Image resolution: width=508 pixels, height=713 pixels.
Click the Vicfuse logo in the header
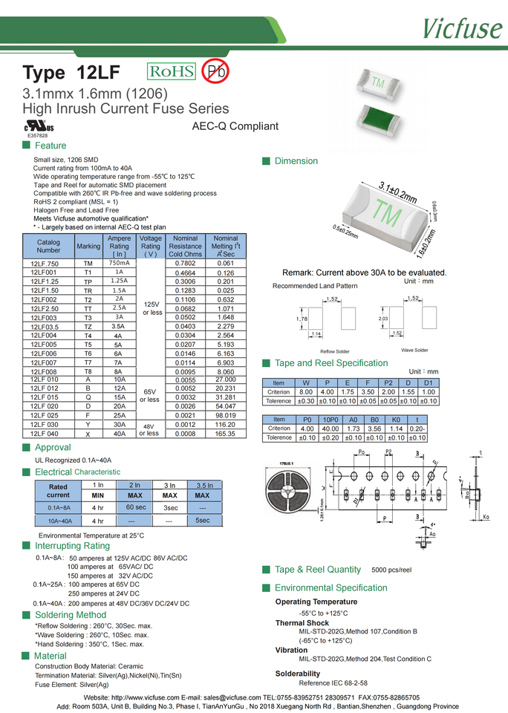(x=463, y=28)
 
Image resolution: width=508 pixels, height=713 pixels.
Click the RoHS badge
(x=172, y=71)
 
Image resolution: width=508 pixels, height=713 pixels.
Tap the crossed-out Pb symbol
(x=215, y=71)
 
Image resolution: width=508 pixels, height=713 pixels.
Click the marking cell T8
(x=88, y=371)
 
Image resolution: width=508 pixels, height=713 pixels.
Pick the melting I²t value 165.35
(x=225, y=434)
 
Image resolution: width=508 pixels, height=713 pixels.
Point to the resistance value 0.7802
(x=185, y=264)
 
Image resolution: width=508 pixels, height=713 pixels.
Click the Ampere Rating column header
(x=119, y=246)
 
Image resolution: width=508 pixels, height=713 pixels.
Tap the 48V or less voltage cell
(x=150, y=429)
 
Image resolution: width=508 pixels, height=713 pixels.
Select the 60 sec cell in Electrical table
(x=135, y=507)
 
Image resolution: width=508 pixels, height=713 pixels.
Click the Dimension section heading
(x=296, y=161)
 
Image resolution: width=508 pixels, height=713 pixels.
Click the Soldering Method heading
(x=71, y=615)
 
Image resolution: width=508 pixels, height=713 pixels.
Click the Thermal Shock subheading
(x=302, y=623)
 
